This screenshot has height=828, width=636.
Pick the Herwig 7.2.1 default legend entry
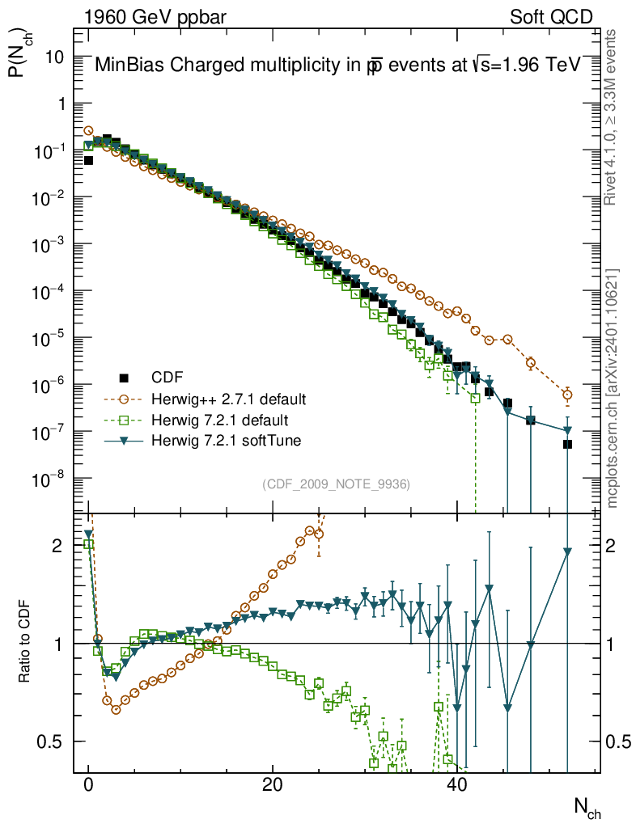(220, 420)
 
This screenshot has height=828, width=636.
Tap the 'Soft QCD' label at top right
(551, 17)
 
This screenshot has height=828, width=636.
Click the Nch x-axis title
(587, 805)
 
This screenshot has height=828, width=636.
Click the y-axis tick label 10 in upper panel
(55, 57)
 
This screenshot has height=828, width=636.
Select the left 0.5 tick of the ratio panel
(51, 741)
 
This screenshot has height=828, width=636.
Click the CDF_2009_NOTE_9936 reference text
(337, 484)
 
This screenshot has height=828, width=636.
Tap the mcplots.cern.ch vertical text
(613, 388)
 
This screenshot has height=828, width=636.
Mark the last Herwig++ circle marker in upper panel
(567, 395)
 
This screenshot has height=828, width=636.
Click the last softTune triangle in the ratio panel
(567, 551)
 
